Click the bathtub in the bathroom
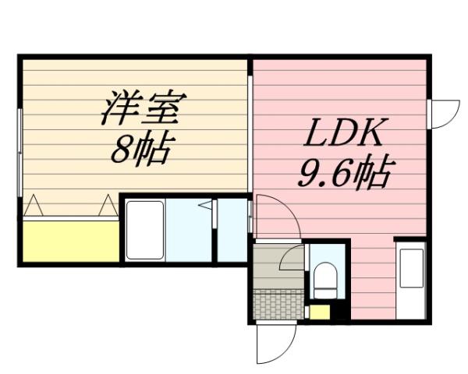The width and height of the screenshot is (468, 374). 145,230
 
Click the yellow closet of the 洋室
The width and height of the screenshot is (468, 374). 69,241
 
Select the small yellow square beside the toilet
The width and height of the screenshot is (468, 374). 318,312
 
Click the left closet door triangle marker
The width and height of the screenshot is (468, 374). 34,207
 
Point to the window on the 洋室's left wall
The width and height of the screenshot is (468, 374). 20,148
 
